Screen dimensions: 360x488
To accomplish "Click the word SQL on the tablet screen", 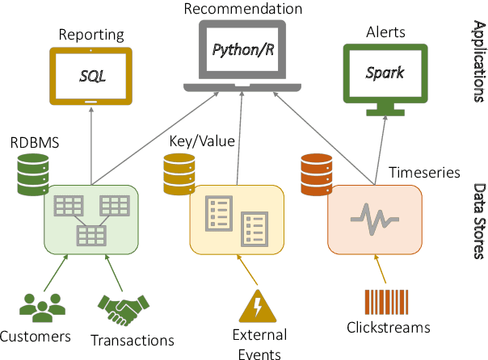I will tap(92, 77).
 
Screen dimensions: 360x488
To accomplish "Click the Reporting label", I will tap(90, 35).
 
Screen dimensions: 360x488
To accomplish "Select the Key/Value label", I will tap(202, 142).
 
